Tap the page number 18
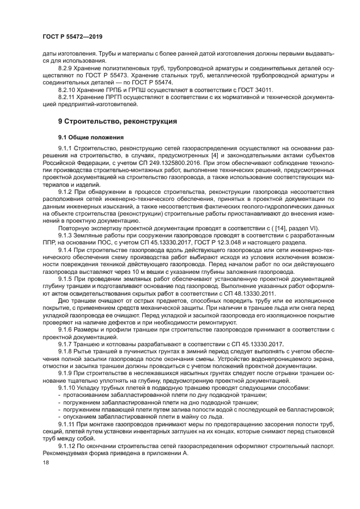[46, 462]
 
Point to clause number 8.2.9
[66, 67]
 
